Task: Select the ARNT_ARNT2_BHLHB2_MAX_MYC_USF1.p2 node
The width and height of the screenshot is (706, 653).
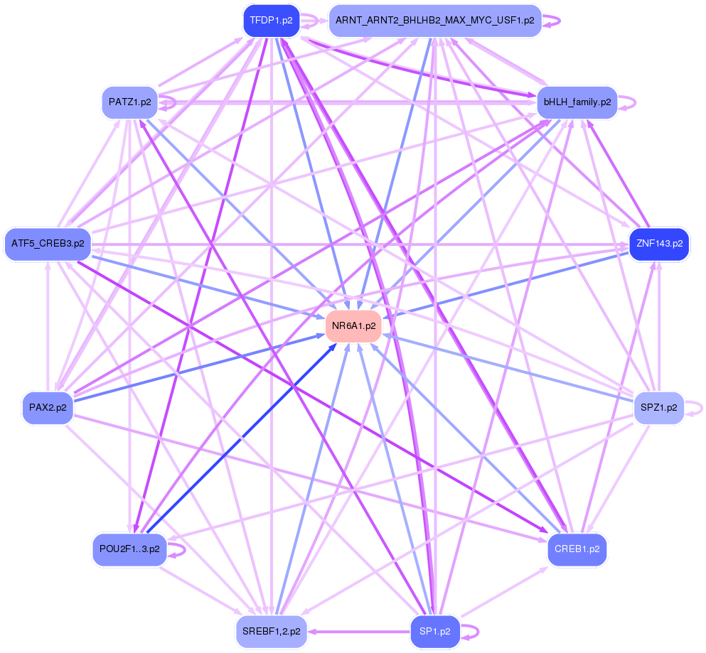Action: [x=435, y=21]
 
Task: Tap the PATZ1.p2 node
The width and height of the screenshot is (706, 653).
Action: [x=129, y=102]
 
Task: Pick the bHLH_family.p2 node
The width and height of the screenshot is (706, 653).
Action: [x=577, y=102]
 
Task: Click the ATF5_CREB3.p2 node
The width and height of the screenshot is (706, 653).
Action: [x=48, y=244]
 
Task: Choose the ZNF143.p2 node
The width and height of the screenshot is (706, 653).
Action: [x=659, y=244]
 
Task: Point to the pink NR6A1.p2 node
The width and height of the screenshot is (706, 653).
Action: [x=353, y=325]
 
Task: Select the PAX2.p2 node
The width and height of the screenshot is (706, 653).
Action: [x=48, y=407]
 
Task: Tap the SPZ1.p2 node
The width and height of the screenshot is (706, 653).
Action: [x=659, y=407]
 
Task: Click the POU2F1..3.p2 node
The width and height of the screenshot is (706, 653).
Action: [x=129, y=549]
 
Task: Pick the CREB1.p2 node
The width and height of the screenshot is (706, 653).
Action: [x=577, y=549]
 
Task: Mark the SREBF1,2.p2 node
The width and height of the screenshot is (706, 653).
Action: [x=271, y=631]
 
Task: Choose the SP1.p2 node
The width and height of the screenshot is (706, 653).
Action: [x=435, y=631]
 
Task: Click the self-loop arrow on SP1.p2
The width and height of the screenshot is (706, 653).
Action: [x=471, y=631]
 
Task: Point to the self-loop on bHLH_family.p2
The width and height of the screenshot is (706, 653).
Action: [x=627, y=102]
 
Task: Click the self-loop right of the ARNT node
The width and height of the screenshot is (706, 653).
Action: [x=553, y=21]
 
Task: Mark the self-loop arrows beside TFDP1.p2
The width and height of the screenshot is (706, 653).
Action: [x=310, y=21]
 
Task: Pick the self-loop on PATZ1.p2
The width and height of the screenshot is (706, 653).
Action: [x=168, y=102]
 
